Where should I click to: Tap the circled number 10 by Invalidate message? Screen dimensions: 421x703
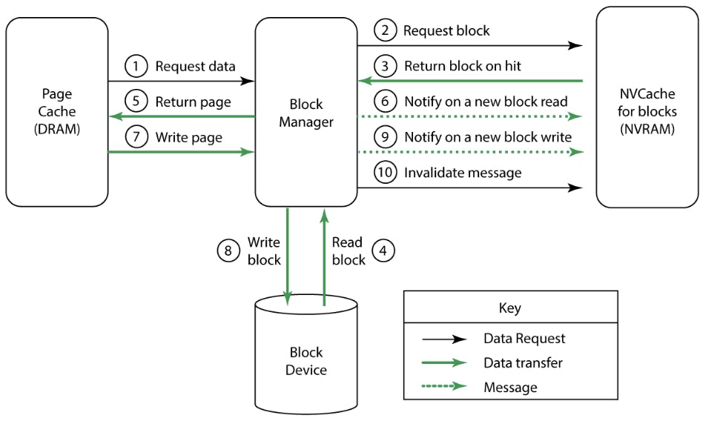click(384, 173)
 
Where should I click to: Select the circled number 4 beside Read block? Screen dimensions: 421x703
click(383, 251)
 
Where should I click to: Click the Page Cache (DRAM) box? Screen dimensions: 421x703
click(56, 112)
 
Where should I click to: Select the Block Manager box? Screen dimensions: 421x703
click(306, 112)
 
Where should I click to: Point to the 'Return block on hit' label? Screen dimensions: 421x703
click(462, 66)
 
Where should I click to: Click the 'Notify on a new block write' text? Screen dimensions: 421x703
click(487, 137)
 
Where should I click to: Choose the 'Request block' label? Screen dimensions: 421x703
click(446, 30)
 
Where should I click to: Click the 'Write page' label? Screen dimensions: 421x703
click(188, 138)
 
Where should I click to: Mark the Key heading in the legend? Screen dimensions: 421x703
click(510, 308)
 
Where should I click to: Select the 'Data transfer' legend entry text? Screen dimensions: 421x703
click(523, 363)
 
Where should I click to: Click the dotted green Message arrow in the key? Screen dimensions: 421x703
click(443, 387)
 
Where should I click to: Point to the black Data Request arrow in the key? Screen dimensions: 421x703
click(443, 339)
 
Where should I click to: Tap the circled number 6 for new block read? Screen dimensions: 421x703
click(384, 102)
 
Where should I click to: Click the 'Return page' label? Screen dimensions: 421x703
click(193, 102)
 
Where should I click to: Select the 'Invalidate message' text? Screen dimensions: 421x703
click(463, 173)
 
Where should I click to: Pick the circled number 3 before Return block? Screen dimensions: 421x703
click(384, 66)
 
